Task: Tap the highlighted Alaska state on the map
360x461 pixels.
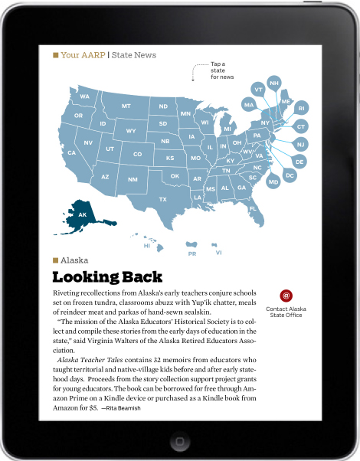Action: [81, 214]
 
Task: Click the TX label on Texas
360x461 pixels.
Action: [162, 199]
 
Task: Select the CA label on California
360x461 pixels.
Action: [71, 152]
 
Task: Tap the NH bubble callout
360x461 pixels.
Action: [274, 83]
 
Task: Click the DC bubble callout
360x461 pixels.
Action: [290, 175]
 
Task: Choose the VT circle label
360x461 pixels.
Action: [258, 90]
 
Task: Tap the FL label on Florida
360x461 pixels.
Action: [253, 208]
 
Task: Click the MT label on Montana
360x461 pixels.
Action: [126, 106]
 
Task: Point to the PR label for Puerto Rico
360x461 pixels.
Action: [192, 253]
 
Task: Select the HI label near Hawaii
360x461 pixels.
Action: [147, 246]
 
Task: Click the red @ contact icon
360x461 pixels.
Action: [286, 295]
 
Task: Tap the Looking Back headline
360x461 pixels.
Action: [107, 277]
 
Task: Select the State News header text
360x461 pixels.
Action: [134, 55]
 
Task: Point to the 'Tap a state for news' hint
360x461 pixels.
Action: [221, 70]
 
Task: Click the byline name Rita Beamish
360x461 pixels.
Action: [119, 407]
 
